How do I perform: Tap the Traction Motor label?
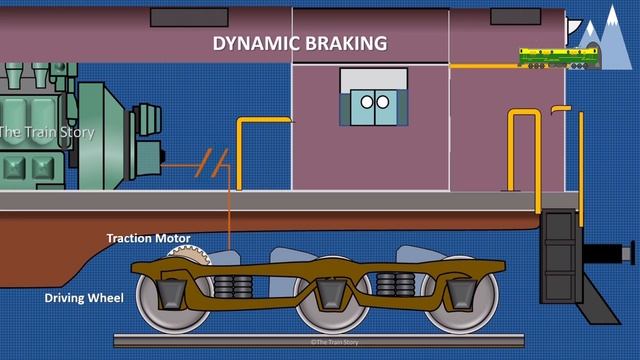pyautogui.click(x=148, y=239)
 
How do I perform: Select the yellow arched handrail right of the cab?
pyautogui.click(x=524, y=150)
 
